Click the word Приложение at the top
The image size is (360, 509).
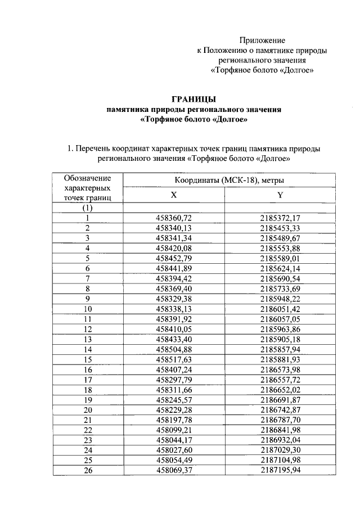(262, 40)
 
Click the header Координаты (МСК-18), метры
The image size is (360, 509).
(228, 180)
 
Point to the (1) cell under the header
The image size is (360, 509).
(88, 208)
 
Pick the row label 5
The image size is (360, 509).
(88, 258)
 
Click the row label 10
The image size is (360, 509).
(88, 309)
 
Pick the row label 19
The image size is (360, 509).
(88, 400)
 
